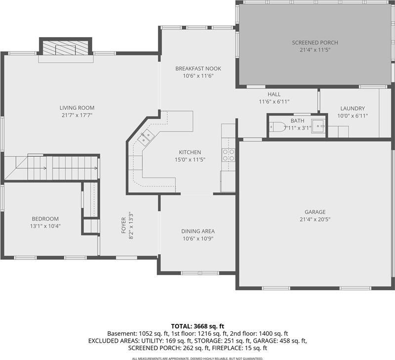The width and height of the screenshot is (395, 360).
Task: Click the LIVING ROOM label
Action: coord(77,108)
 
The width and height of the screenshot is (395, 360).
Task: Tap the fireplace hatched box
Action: coord(65,47)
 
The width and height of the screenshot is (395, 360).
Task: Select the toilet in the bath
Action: coord(277,127)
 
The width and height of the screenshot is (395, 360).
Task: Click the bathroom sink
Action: coord(318,126)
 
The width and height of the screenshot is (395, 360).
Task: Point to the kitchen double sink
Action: coord(146,137)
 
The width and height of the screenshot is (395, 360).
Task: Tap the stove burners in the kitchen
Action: coord(228,155)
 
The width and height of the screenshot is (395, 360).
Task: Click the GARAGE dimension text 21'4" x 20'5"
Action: coord(315,219)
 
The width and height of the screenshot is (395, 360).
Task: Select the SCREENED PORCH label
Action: coord(315,43)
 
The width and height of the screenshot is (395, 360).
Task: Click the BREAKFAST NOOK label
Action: coord(198,68)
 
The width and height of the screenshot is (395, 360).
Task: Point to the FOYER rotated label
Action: coord(124,225)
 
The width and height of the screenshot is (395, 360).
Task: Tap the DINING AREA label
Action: coord(198,231)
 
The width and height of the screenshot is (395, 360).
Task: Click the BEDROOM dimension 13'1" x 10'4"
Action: coord(46,226)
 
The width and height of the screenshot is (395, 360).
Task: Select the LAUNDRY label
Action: coord(352,108)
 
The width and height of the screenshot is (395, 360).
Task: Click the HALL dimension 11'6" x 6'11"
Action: coord(274,102)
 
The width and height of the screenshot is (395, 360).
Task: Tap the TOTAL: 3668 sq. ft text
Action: coord(197,326)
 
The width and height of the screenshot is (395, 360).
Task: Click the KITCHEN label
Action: coord(190,152)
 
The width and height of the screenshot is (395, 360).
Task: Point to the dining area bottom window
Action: coord(200,273)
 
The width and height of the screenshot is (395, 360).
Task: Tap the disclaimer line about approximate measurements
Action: coord(197,359)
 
